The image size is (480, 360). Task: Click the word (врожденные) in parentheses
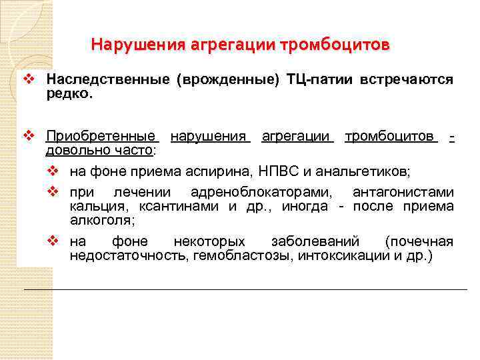click(x=227, y=80)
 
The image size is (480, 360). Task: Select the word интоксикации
click(x=340, y=255)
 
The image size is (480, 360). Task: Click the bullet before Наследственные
click(x=28, y=80)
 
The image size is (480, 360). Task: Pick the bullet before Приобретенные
click(x=28, y=137)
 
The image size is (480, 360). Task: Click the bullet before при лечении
click(x=55, y=193)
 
